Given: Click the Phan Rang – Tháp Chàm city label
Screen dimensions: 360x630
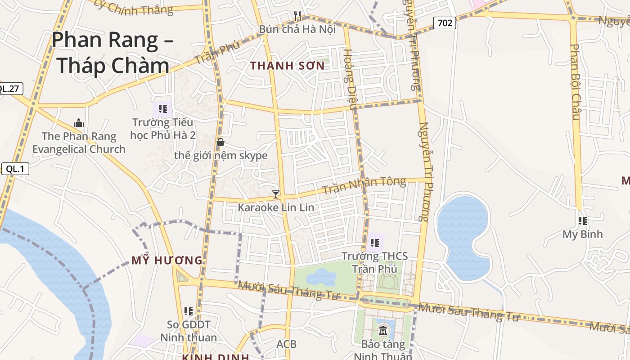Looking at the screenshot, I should (112, 53).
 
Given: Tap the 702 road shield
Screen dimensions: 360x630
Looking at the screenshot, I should (445, 22).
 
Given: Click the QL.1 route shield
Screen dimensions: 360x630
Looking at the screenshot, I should (15, 169).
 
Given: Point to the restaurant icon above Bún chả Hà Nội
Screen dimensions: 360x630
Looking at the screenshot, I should (297, 16).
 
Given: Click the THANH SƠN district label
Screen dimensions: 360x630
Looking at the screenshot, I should (287, 66).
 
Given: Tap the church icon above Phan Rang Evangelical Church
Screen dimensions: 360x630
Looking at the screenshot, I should (79, 123).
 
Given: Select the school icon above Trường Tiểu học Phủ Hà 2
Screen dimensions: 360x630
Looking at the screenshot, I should (163, 109).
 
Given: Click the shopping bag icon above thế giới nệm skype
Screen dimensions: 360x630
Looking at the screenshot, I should (220, 142).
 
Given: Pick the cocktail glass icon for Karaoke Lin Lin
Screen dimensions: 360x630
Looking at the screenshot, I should (276, 194).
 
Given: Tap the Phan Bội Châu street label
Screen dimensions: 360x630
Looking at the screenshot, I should (575, 82).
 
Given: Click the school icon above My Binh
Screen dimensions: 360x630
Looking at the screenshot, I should (583, 221).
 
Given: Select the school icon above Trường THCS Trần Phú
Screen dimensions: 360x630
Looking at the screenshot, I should (375, 243).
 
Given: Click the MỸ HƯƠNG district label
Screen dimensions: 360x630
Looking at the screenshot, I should (167, 260).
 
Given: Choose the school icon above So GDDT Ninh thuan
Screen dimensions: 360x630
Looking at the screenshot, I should (189, 311).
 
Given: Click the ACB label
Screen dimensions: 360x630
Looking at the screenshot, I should (286, 344).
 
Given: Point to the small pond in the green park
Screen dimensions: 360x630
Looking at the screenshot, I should (321, 277).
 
